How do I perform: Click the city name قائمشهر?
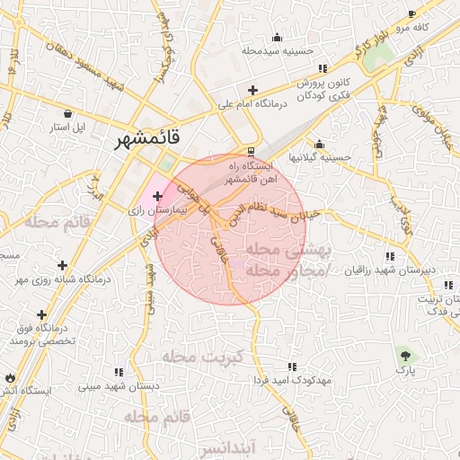(148, 139)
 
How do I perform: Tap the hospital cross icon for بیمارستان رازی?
(158, 195)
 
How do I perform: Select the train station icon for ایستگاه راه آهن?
(251, 151)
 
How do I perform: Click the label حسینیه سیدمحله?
(278, 50)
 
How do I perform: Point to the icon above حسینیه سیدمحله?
(277, 37)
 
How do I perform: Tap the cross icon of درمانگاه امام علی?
(253, 91)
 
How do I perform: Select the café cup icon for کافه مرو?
(411, 14)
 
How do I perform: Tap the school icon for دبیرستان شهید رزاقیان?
(388, 256)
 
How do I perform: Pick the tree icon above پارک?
(402, 353)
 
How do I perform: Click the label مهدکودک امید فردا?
(293, 380)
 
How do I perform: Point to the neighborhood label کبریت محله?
(203, 357)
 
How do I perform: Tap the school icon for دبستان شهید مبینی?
(119, 372)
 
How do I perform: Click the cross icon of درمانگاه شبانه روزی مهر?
(62, 266)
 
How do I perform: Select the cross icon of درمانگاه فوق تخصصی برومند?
(42, 314)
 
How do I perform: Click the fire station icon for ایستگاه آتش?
(11, 377)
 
